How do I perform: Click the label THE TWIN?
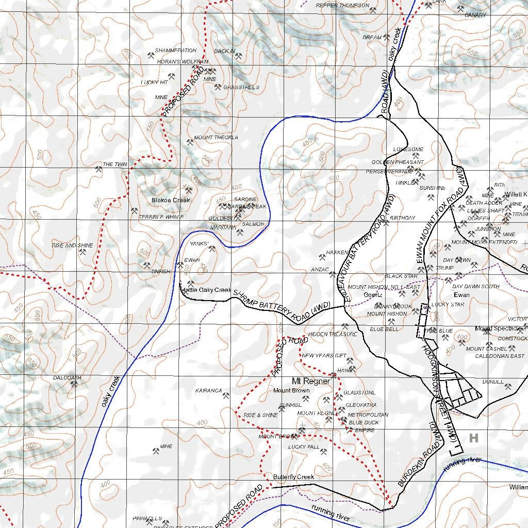point(114,164)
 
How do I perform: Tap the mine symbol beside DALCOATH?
point(73,385)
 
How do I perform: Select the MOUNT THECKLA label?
point(216,138)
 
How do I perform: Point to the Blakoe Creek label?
point(171,200)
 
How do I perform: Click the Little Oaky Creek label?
point(206,290)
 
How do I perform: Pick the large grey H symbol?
point(474,438)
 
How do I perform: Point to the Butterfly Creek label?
point(293,477)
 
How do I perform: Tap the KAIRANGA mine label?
point(208,391)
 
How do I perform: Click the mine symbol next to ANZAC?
point(333,274)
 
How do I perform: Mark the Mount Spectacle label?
point(498,328)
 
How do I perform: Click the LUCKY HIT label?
point(154,82)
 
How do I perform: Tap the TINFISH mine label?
point(160,272)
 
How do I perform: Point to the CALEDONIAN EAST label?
point(499,356)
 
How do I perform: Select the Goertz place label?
point(373,295)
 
